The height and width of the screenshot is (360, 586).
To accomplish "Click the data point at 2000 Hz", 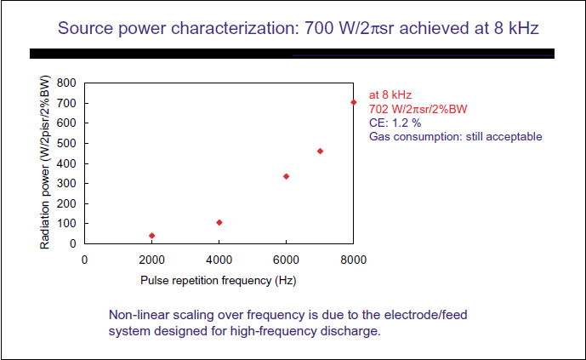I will (x=151, y=236).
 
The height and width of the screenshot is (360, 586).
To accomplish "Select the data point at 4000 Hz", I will (x=219, y=222).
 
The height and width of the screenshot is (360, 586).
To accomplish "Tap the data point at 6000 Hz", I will (x=287, y=176).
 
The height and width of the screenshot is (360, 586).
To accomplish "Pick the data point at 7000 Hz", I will (x=320, y=151).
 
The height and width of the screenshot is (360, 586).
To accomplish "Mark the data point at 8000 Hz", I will (x=354, y=102).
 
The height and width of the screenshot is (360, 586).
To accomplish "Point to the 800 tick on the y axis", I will (x=65, y=83).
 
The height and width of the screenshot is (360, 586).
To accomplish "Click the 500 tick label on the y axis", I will (x=65, y=143).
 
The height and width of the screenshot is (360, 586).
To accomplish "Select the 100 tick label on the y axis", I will (x=65, y=224).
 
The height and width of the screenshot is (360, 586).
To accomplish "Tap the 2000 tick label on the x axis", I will (x=151, y=260).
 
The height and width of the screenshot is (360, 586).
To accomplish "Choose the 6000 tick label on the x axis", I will (x=287, y=260).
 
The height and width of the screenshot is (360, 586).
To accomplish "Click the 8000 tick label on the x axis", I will (x=354, y=260).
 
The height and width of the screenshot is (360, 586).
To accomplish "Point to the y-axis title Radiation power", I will (x=45, y=162).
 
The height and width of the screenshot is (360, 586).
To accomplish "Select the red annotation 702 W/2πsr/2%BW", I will (x=418, y=109).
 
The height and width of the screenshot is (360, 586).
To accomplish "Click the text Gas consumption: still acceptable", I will (x=455, y=136).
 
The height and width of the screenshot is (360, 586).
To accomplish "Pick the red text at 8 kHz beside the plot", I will (x=390, y=95).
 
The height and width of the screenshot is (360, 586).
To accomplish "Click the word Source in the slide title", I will (x=85, y=28).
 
